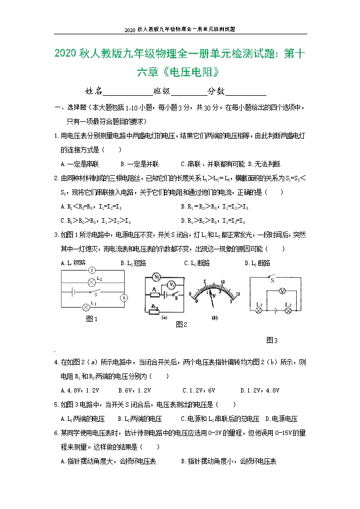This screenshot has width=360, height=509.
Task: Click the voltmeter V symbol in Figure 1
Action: (x=92, y=269)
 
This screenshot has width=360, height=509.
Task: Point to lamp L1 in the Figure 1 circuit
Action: (x=86, y=306)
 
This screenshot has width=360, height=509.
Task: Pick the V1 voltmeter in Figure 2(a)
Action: (x=171, y=284)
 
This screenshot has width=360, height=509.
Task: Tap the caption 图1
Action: (x=92, y=320)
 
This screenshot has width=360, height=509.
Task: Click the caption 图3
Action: (x=272, y=340)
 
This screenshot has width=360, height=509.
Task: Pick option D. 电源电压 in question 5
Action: (x=281, y=419)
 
